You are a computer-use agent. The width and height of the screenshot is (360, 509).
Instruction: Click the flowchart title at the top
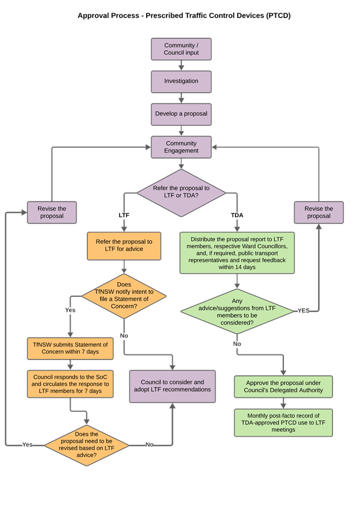pyautogui.click(x=183, y=16)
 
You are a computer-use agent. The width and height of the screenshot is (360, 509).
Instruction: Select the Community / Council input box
pyautogui.click(x=181, y=49)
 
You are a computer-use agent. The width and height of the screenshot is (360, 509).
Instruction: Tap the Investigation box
pyautogui.click(x=181, y=81)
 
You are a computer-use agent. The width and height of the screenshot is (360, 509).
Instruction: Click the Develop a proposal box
pyautogui.click(x=181, y=113)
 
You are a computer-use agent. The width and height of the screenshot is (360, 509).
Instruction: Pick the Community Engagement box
pyautogui.click(x=181, y=147)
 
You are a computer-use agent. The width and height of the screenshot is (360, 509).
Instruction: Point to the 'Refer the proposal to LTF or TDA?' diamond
pyautogui.click(x=181, y=192)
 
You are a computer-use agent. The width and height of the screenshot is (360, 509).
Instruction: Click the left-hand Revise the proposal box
pyautogui.click(x=52, y=212)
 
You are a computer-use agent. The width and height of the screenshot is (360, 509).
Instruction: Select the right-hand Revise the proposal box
pyautogui.click(x=318, y=212)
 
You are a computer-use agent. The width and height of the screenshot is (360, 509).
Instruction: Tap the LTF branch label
pyautogui.click(x=124, y=216)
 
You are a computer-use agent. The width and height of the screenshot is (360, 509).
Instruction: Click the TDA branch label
pyautogui.click(x=237, y=216)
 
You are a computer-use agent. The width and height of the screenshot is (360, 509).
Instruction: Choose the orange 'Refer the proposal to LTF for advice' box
pyautogui.click(x=124, y=245)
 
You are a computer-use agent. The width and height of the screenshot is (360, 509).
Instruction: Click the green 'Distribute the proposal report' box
pyautogui.click(x=237, y=253)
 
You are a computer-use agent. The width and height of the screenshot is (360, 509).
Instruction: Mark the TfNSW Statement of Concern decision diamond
pyautogui.click(x=124, y=295)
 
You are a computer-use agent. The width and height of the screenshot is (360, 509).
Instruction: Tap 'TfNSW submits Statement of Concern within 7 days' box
pyautogui.click(x=71, y=348)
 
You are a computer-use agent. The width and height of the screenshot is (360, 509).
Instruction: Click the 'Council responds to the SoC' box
pyautogui.click(x=71, y=384)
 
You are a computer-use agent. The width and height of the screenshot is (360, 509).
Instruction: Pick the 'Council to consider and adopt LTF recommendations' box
pyautogui.click(x=172, y=386)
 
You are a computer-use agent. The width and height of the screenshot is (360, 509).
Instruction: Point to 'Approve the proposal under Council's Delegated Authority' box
pyautogui.click(x=283, y=387)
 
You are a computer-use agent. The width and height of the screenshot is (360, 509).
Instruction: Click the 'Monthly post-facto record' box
pyautogui.click(x=283, y=423)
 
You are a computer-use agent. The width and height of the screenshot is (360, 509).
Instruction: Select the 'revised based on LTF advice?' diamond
pyautogui.click(x=86, y=445)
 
